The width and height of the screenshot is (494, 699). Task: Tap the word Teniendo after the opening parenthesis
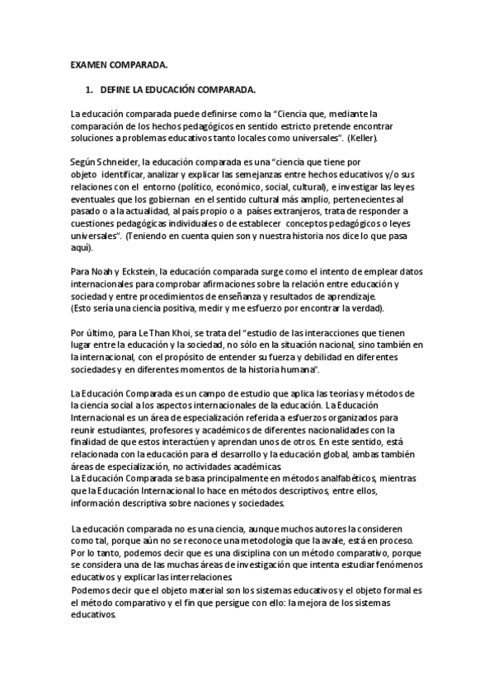pyautogui.click(x=156, y=237)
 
